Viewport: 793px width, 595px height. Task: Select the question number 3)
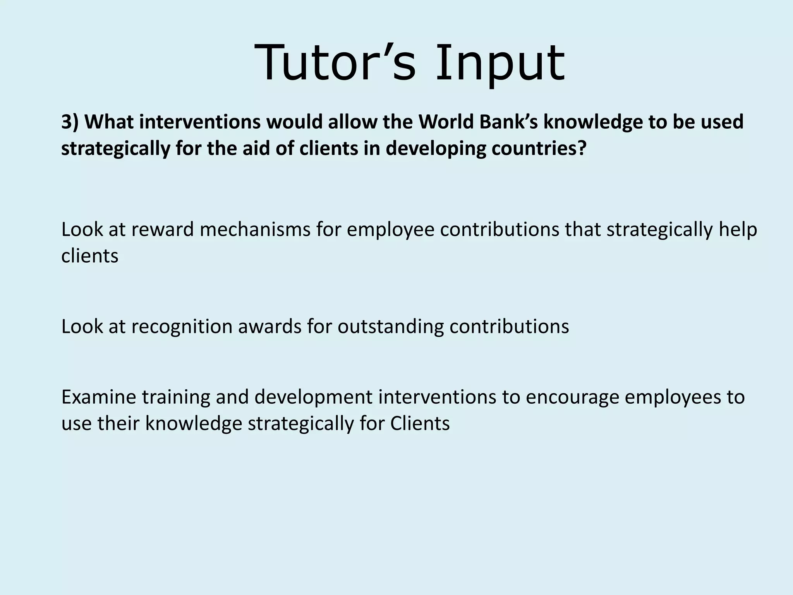pyautogui.click(x=70, y=122)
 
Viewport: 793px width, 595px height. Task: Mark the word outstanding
pyautogui.click(x=391, y=326)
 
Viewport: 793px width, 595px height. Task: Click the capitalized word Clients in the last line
pyautogui.click(x=420, y=423)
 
